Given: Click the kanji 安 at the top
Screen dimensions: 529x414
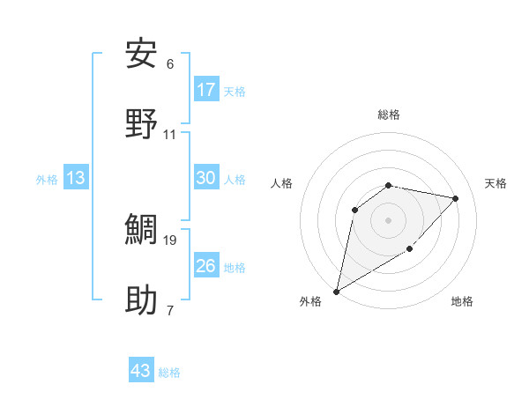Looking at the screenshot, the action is [142, 54].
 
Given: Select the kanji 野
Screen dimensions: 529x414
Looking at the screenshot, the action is [142, 124].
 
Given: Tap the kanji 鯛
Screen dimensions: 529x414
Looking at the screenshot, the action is [142, 230].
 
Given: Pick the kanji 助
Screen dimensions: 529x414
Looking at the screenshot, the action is [142, 300].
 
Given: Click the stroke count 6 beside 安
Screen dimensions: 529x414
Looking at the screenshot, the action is [170, 64].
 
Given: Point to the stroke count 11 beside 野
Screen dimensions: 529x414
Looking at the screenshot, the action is [170, 135].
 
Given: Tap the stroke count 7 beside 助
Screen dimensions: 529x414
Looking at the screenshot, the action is [170, 310].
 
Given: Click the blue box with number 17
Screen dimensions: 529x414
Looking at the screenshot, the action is [206, 90].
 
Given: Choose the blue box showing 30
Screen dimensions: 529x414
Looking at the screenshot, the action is [206, 178].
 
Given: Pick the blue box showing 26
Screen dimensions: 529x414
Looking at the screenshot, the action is [206, 265].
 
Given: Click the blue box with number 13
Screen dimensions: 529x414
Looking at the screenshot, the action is [76, 178].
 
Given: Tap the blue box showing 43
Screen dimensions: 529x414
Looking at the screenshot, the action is [141, 371].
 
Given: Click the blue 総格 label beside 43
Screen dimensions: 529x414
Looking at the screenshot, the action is [169, 373].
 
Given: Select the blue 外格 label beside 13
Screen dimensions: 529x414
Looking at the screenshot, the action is [47, 180].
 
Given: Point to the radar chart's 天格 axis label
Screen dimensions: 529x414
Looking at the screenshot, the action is [495, 183].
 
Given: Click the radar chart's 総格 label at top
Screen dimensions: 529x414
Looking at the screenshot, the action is [388, 115].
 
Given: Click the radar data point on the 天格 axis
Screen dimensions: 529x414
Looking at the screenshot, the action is [455, 198].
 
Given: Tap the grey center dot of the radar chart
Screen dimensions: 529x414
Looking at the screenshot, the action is [388, 219].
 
